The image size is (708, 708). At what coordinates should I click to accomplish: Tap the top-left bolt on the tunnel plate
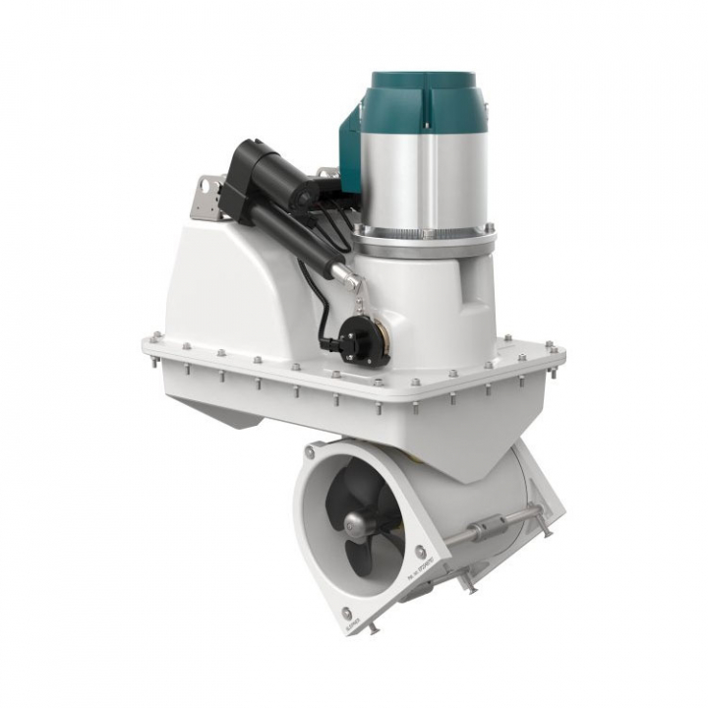[x=311, y=450]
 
